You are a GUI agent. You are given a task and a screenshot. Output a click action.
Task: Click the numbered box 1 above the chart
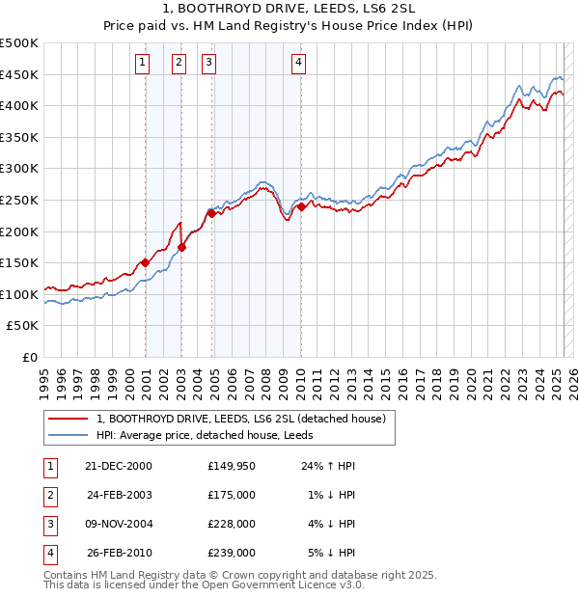[x=142, y=64]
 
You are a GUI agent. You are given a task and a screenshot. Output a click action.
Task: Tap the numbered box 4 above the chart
[x=299, y=64]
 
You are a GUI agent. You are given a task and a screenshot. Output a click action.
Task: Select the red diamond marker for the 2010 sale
[x=301, y=206]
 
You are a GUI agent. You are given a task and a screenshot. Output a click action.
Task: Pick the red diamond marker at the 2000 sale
[x=146, y=262]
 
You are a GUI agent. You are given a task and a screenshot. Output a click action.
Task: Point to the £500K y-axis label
[x=19, y=43]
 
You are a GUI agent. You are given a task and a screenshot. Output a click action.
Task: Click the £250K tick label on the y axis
[x=19, y=200]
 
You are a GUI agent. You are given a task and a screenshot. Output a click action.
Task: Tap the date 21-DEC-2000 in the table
[x=119, y=466]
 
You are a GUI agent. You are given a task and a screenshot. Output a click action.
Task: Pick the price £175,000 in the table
[x=232, y=495]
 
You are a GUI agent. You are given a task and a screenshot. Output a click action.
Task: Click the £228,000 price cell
[x=232, y=524]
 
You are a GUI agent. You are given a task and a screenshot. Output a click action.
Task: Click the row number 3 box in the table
[x=49, y=524]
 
